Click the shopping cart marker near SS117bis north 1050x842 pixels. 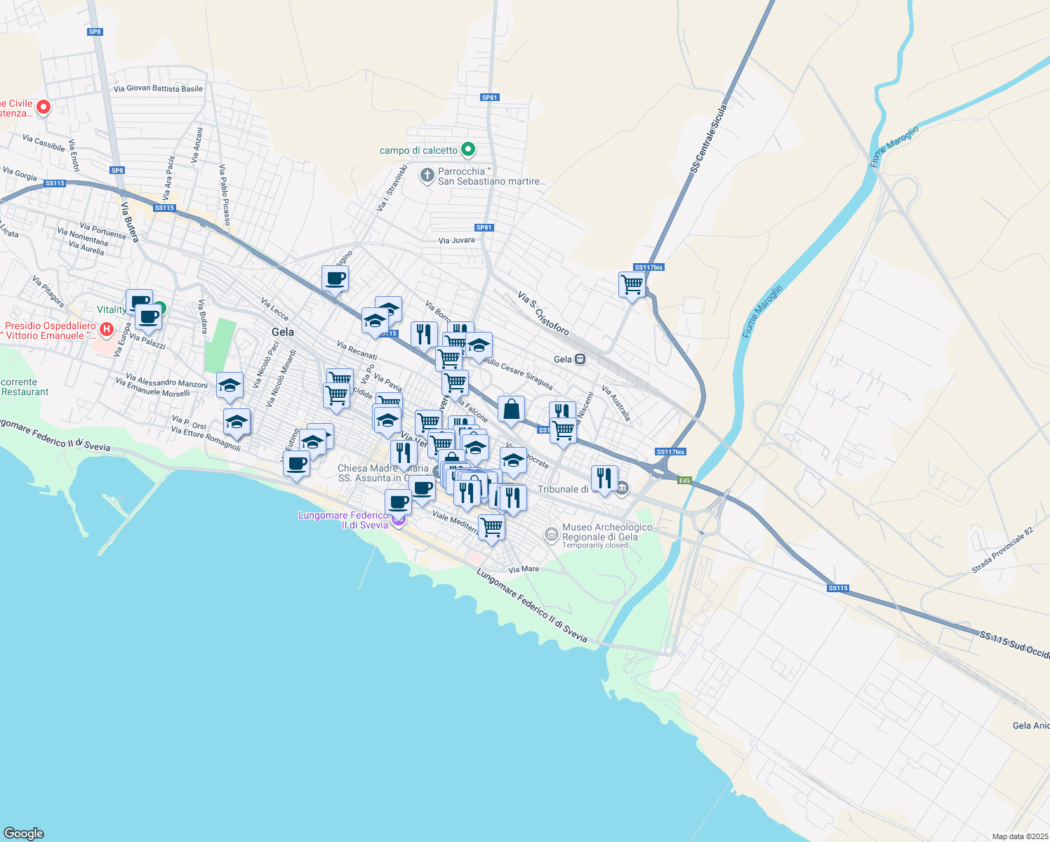tap(632, 285)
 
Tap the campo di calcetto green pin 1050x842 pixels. tap(468, 149)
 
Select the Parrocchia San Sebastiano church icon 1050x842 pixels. tap(427, 175)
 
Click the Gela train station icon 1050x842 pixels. tap(580, 359)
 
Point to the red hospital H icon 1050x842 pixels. tap(106, 329)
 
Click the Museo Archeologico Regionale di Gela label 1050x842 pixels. tap(606, 532)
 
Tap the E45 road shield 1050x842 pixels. tap(684, 481)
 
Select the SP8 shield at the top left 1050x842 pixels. tap(95, 32)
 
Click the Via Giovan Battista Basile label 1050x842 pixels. tap(158, 89)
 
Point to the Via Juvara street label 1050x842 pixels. tap(456, 241)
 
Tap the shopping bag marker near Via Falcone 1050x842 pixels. tap(511, 410)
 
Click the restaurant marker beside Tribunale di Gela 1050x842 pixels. tap(604, 479)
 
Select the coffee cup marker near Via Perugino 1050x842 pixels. tap(335, 279)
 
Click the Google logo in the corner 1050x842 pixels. tap(24, 833)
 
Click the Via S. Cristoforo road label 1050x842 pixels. tap(543, 313)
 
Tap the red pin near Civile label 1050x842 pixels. tap(43, 107)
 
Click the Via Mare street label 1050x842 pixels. tap(524, 569)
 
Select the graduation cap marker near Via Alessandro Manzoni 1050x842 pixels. tap(230, 385)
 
